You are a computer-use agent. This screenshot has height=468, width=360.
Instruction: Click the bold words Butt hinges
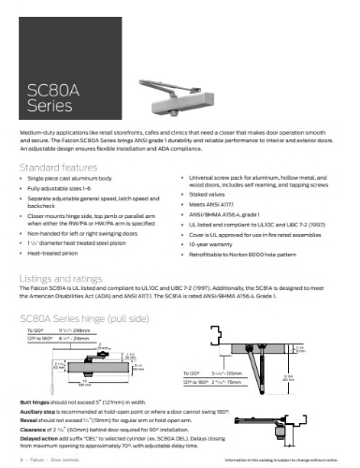pyautogui.click(x=36, y=401)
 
